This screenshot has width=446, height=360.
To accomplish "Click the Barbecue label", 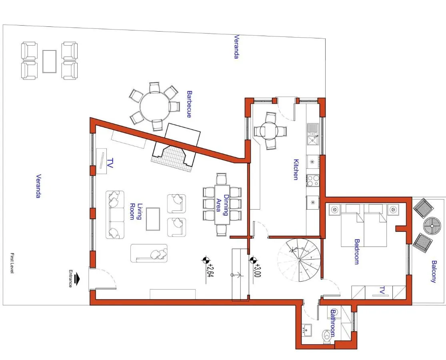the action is pos(189,104).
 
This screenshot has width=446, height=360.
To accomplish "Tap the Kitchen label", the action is pos(296,170).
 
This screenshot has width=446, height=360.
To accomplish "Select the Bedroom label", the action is pos(357,252).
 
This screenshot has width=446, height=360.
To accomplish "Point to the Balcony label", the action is pos(434,272).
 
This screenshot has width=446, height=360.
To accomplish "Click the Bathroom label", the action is pos(333,323).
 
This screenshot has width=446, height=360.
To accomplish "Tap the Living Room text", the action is pos(136,212).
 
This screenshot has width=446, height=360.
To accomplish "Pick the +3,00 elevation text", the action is pos(257,270).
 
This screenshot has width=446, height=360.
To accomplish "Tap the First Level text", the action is pos(12,263).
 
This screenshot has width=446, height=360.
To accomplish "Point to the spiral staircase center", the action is pos(299,260).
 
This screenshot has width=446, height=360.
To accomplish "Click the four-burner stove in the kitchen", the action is pos(313,180).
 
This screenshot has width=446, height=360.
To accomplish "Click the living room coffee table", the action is pos(153,219).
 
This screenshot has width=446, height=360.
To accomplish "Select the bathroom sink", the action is pos(307,330).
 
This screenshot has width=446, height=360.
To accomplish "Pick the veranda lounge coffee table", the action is pos(50,62).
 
